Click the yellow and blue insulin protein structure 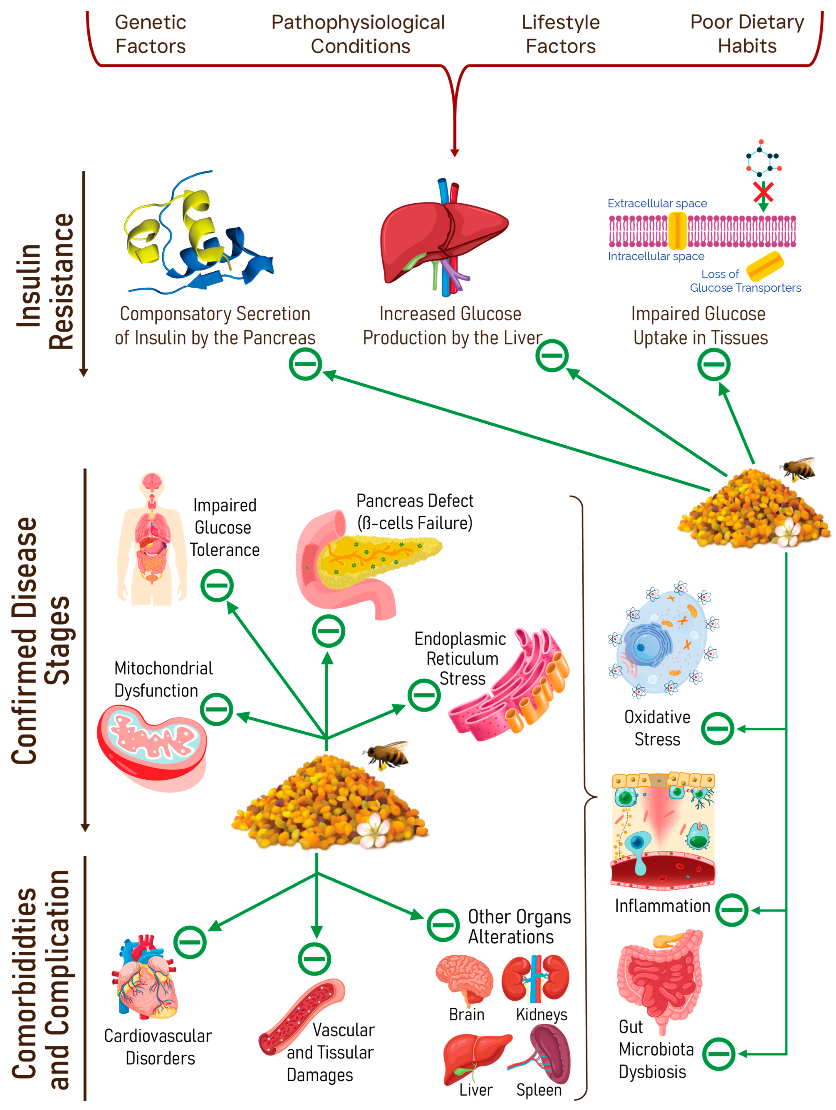pos(198,236)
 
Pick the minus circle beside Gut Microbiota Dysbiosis pos(719,1054)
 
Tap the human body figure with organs pos(152,540)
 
